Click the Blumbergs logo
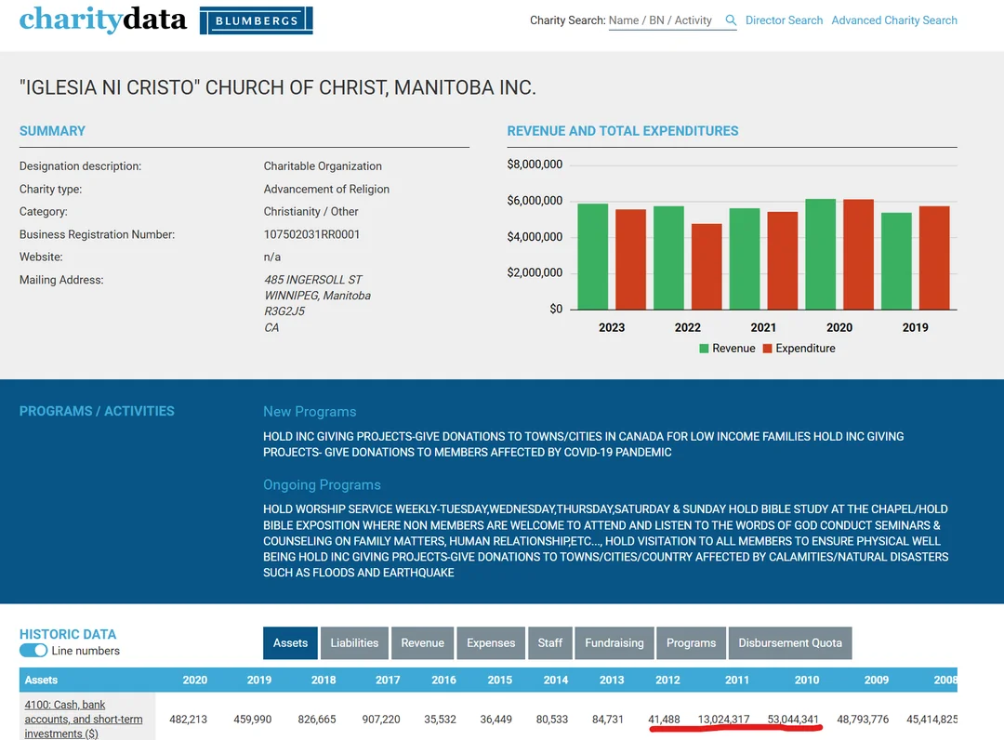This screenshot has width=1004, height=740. (257, 20)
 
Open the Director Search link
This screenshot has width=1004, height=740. (784, 20)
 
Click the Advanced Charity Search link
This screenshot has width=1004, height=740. (894, 20)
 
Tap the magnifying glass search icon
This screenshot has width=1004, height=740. (731, 20)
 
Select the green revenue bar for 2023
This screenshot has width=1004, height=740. (593, 257)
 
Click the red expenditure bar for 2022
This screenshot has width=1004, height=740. (707, 267)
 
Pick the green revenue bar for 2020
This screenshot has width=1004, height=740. (821, 254)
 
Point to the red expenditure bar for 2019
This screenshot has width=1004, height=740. (934, 258)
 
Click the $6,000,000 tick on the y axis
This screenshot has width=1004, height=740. (535, 201)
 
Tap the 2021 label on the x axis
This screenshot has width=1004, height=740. (763, 328)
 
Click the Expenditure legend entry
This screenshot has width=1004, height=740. (799, 349)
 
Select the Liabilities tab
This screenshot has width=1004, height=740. (355, 642)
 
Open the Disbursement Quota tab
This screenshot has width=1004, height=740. (790, 642)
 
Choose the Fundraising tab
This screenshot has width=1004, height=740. (614, 642)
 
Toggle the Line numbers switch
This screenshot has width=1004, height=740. (33, 651)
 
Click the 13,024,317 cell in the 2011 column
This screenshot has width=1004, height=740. (723, 720)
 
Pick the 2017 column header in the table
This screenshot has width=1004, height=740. (388, 680)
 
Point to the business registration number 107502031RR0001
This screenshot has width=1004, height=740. (311, 234)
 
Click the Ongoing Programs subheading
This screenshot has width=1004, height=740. (322, 484)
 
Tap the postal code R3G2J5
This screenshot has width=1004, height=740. (284, 311)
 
